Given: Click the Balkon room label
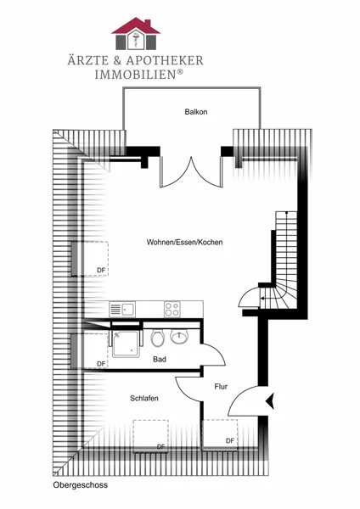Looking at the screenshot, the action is point(196,112).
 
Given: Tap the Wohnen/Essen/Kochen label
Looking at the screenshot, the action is point(184,242).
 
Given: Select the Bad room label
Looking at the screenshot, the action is point(160,360).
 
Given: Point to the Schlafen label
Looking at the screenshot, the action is point(144,399).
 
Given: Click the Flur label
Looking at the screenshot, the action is point(221,387).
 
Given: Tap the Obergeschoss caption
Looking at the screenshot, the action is point(81,485).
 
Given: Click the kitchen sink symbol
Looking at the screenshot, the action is point(122,309).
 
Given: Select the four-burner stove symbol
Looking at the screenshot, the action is point(172,309).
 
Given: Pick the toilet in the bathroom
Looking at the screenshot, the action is point(158,338).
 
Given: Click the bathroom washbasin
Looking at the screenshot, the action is point(179,337).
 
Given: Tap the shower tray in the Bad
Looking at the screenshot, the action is point(126,344).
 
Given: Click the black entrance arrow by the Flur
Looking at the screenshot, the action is point(270,401).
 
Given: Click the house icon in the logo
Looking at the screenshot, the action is point(136,34).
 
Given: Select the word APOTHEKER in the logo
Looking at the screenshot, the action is point(165,60).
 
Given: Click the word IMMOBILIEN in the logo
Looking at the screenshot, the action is point(136,75).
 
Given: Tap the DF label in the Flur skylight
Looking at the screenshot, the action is point(230,440).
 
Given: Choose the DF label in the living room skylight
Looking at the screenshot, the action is point(101,270).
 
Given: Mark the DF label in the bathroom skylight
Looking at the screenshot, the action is point(101,364).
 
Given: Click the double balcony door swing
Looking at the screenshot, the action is point(191,172).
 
